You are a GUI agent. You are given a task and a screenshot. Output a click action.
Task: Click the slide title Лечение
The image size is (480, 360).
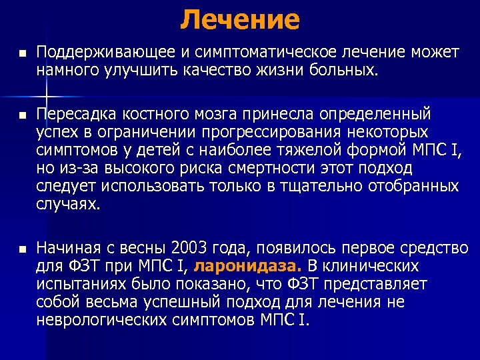point(240,19)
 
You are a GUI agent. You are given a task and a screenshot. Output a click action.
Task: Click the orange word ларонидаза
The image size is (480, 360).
point(247,267)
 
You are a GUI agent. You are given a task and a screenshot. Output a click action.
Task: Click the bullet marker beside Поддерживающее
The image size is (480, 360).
point(21,53)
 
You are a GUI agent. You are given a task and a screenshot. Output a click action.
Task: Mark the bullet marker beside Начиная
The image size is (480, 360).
point(21,249)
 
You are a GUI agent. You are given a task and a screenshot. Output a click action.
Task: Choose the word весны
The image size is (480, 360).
point(143,249)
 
